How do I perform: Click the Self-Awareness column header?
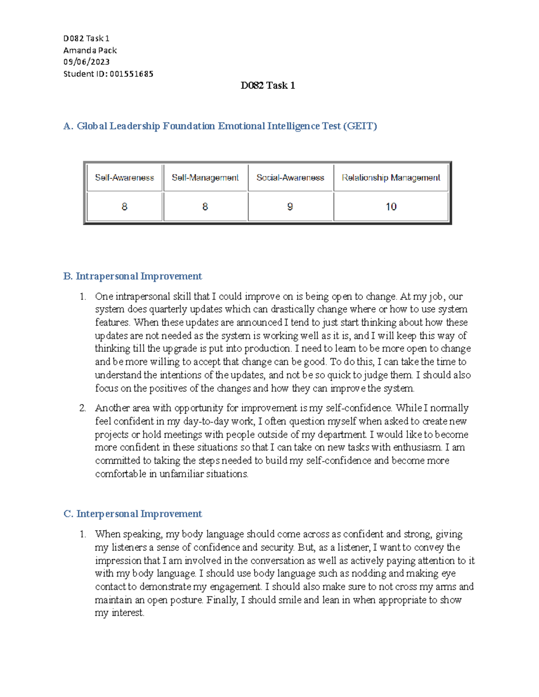(x=124, y=178)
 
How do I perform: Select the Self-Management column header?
(x=205, y=178)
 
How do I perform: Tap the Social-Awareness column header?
(x=290, y=178)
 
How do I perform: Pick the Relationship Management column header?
(x=391, y=178)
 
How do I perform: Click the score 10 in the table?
(x=391, y=206)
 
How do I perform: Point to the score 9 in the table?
(x=290, y=206)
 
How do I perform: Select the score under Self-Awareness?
(x=124, y=206)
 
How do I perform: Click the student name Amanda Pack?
(x=90, y=50)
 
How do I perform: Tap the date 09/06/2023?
(x=86, y=62)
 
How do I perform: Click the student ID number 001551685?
(x=131, y=74)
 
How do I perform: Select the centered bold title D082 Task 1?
(x=268, y=85)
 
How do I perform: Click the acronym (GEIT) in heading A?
(x=360, y=126)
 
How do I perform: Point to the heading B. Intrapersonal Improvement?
(x=133, y=276)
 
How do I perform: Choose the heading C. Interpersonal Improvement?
(x=133, y=513)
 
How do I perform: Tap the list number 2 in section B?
(x=83, y=408)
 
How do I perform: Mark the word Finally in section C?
(x=222, y=600)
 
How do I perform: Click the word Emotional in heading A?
(x=242, y=126)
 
